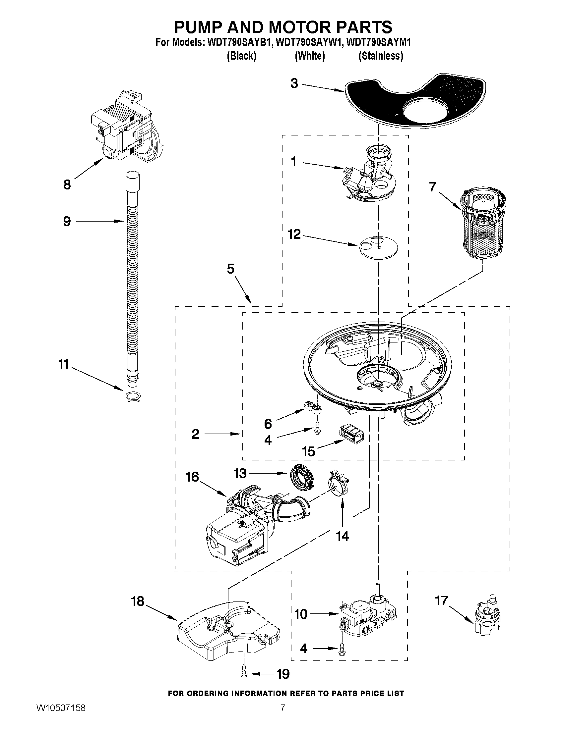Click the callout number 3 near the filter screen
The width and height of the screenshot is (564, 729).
pyautogui.click(x=294, y=83)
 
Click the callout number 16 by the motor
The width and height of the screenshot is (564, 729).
pyautogui.click(x=192, y=477)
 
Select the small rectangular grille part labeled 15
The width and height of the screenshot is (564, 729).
pyautogui.click(x=351, y=434)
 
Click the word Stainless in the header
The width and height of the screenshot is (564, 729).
pyautogui.click(x=381, y=56)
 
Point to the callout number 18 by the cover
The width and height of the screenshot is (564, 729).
pyautogui.click(x=137, y=601)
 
